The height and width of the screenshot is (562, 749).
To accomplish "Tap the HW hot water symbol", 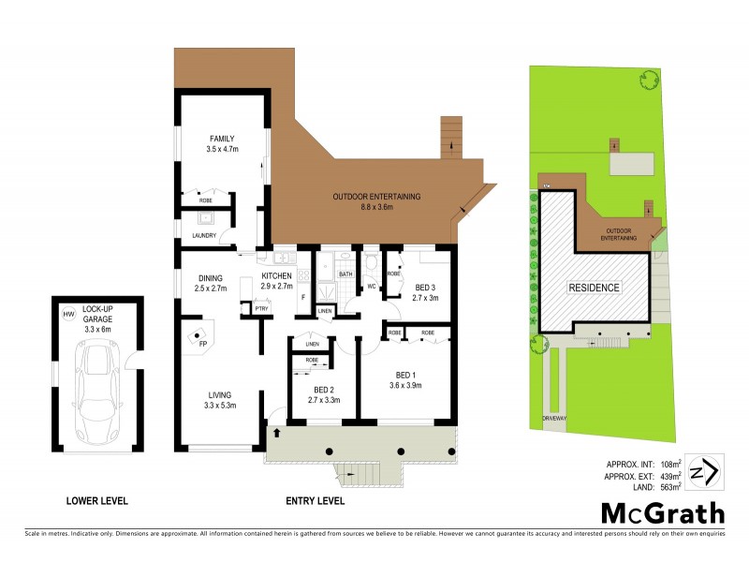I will pos(67,314).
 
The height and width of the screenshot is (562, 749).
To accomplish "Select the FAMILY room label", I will pos(221,139).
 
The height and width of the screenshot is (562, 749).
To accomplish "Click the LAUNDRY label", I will pos(204,235).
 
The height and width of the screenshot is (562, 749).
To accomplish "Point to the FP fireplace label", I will pos(202,344).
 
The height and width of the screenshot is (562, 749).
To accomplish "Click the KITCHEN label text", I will pos(277,275).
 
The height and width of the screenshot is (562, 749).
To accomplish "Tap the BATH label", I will pos(345,274).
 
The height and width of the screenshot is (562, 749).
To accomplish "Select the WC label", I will pos(371,287).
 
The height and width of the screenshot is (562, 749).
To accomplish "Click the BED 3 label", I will pos(424,288).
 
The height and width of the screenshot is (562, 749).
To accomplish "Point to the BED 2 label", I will pos(323,389).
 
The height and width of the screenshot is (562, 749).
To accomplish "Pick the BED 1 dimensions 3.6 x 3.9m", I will pos(405,385).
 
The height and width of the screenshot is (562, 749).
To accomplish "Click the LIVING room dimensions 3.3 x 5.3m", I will pos(220,405).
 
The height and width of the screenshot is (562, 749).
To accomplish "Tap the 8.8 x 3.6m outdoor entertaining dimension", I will pos(376,207).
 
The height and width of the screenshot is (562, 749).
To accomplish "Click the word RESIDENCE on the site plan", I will pos(594,287).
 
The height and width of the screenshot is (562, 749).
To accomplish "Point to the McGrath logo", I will pos(661,512).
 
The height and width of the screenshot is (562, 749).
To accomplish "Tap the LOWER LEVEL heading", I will pos(96,501).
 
